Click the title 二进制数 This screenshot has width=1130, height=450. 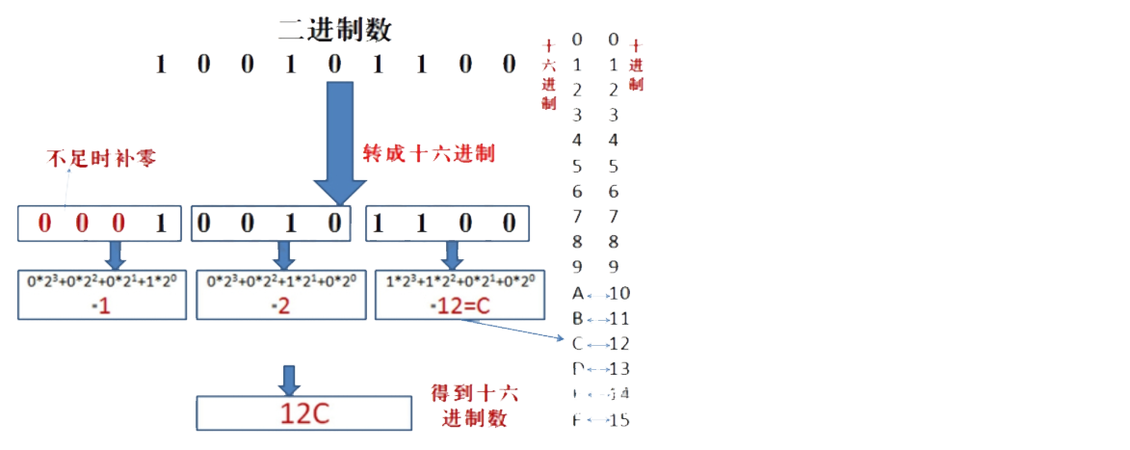(335, 29)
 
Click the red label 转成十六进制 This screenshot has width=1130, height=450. (428, 153)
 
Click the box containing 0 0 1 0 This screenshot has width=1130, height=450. (269, 225)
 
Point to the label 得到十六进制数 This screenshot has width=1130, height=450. (474, 406)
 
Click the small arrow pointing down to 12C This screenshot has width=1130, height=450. (287, 380)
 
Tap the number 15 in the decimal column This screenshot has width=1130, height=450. (619, 419)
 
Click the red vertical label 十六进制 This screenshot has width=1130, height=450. (548, 75)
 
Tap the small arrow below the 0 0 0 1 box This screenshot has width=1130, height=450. (115, 255)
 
